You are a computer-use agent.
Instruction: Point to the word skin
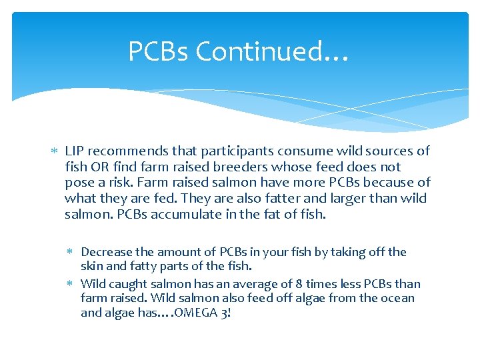pyautogui.click(x=91, y=266)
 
